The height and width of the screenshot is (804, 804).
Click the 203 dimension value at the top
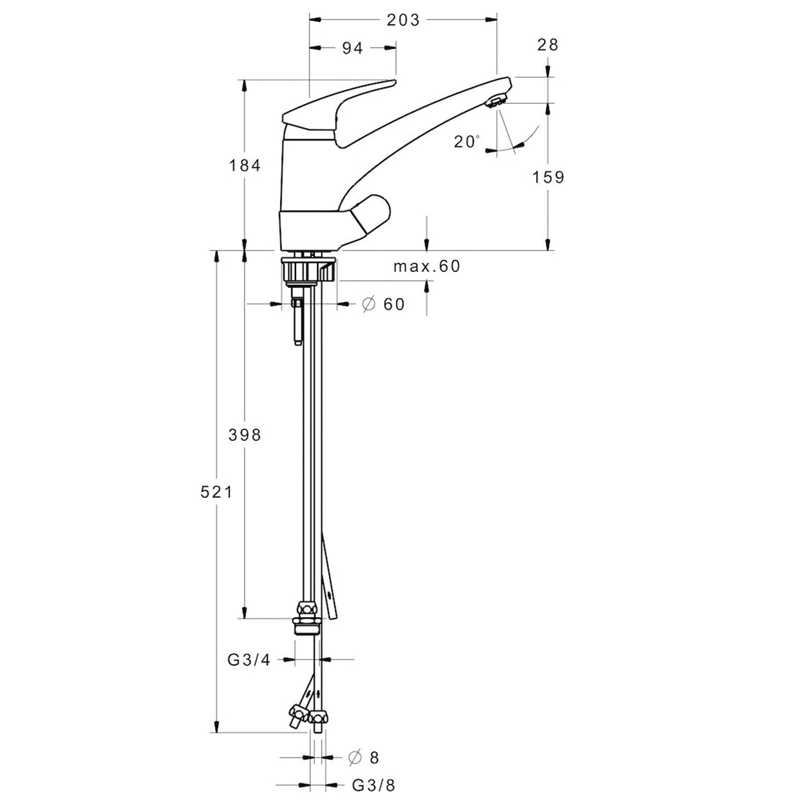click(403, 20)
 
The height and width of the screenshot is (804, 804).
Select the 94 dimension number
click(352, 48)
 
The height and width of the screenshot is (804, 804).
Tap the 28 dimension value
click(547, 45)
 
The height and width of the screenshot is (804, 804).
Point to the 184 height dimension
click(245, 165)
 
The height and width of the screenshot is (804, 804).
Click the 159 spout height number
click(548, 178)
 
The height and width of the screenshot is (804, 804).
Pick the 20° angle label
click(466, 142)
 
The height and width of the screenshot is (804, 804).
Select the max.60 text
click(427, 266)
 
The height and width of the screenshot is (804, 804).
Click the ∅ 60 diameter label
click(383, 304)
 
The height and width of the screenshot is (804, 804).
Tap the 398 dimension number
click(245, 435)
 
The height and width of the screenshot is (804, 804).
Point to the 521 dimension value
click(216, 492)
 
